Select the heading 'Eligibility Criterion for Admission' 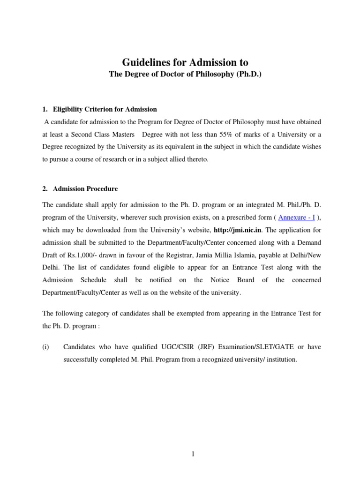click(x=105, y=109)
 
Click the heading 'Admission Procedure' click(x=85, y=189)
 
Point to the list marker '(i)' click(x=46, y=347)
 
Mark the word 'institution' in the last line click(x=280, y=360)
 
